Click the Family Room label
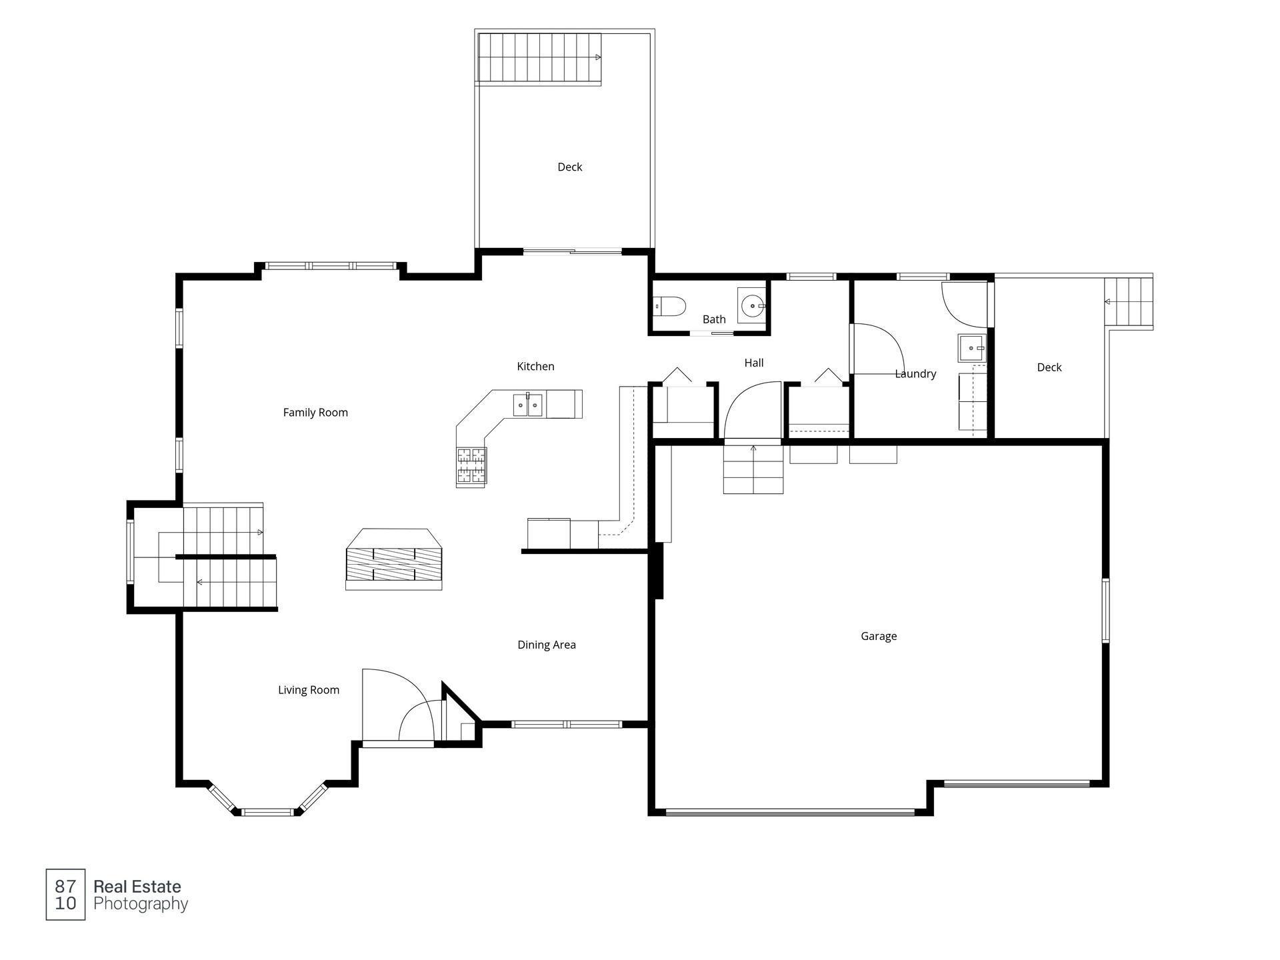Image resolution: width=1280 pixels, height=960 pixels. pos(315,413)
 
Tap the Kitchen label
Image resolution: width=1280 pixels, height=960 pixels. pos(535,366)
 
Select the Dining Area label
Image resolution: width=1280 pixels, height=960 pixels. pos(547,645)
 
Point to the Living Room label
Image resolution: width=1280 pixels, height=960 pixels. pos(309,690)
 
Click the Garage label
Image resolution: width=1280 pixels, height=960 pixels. pos(879,636)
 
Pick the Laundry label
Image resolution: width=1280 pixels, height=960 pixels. pos(915,374)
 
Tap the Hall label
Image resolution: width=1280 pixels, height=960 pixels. pos(754,363)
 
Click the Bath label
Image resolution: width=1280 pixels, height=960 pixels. pos(714,319)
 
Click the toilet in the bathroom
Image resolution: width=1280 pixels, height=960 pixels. pos(670,307)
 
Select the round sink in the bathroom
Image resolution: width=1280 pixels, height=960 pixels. pos(752,306)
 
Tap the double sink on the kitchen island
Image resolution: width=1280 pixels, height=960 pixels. pos(528,405)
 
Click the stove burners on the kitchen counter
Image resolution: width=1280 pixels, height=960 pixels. pos(471,465)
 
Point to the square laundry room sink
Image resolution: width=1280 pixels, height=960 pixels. pos(972,348)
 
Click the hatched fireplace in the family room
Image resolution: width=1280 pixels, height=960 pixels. pos(393,564)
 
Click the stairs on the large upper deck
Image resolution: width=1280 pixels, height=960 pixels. pos(539,59)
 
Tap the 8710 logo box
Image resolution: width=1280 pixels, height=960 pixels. pos(65,895)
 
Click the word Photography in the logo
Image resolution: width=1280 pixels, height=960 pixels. pos(141,905)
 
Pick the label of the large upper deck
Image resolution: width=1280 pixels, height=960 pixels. pos(570,167)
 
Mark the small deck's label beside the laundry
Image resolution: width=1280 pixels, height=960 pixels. pos(1049,367)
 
